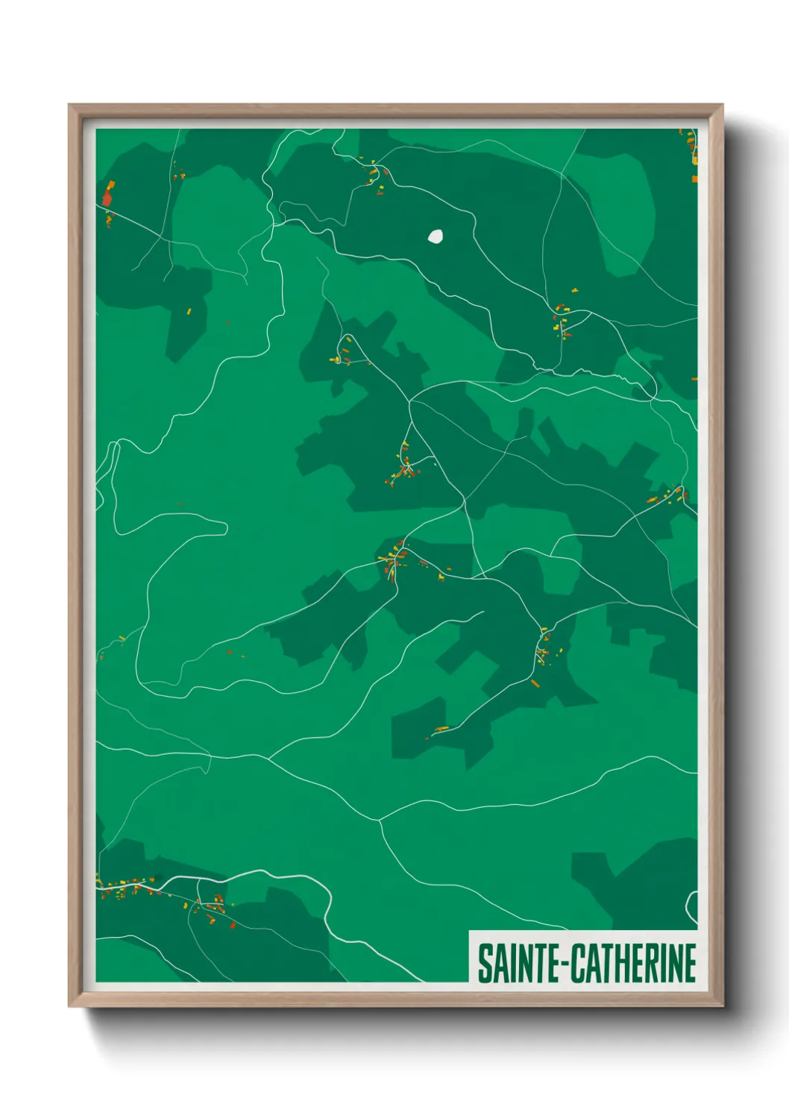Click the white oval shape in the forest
coord(435,236)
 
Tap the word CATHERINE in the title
coord(635,963)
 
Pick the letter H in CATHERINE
coord(623,963)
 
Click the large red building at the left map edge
coord(107,198)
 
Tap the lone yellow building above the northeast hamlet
coord(573,289)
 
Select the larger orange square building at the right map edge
coord(694,179)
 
